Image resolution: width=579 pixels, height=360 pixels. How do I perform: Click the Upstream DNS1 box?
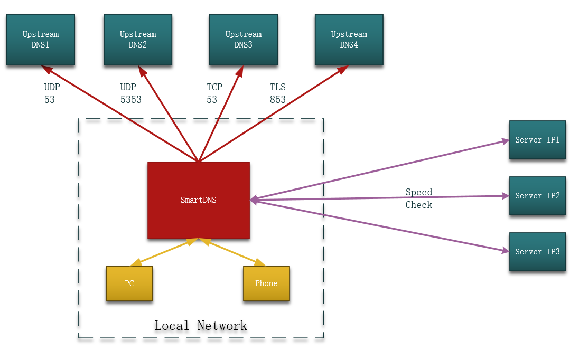click(x=41, y=40)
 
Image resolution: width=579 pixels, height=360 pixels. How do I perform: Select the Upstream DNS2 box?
click(x=138, y=40)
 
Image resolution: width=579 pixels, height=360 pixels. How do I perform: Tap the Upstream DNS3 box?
click(x=244, y=40)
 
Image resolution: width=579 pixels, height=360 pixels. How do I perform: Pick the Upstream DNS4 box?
click(x=349, y=40)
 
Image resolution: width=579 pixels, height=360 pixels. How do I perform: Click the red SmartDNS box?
click(x=199, y=200)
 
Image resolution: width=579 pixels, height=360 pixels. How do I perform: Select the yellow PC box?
click(x=129, y=283)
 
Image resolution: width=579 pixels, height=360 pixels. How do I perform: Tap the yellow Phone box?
click(x=266, y=283)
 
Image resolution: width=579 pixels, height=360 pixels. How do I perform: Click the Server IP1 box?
click(x=538, y=140)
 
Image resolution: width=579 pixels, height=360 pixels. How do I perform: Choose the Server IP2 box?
click(x=538, y=196)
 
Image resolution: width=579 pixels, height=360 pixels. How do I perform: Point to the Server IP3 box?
click(x=538, y=252)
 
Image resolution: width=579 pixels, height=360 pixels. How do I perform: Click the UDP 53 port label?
click(x=52, y=93)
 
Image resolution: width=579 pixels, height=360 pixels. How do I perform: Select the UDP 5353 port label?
click(x=130, y=93)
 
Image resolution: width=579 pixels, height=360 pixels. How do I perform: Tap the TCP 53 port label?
click(x=214, y=93)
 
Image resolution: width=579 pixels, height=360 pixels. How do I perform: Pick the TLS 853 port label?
click(x=278, y=93)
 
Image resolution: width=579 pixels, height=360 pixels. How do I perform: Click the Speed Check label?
click(x=419, y=198)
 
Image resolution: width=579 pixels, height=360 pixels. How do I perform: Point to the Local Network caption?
click(x=201, y=326)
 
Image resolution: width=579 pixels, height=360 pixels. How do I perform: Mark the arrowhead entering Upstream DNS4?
click(x=343, y=69)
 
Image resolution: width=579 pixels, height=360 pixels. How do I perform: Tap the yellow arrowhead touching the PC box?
click(x=136, y=262)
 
